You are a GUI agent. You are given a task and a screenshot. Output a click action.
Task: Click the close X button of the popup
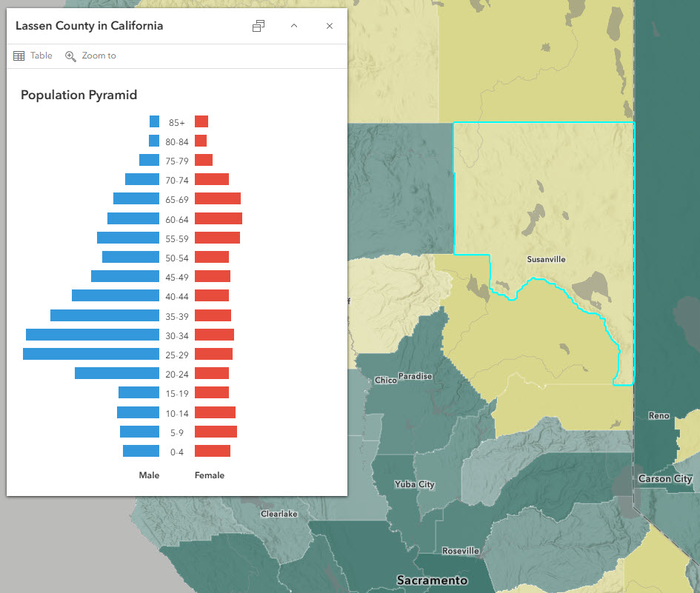click(330, 26)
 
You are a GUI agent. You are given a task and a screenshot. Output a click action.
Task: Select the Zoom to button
click(90, 56)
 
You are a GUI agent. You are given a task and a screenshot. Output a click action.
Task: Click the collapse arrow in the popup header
click(294, 26)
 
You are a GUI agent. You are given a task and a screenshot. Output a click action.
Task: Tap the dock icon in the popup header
click(259, 26)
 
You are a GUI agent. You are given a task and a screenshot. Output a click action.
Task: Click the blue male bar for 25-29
click(91, 354)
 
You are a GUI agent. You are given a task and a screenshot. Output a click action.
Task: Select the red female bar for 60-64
click(219, 218)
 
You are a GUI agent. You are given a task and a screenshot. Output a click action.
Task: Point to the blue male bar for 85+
click(154, 121)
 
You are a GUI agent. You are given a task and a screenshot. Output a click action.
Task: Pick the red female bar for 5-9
click(216, 432)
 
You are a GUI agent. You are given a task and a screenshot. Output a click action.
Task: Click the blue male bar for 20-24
click(117, 373)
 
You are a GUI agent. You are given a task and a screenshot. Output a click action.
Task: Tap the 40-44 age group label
click(176, 296)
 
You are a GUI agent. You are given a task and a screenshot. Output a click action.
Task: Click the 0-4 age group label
click(176, 452)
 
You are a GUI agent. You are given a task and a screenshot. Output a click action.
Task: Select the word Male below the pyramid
click(149, 475)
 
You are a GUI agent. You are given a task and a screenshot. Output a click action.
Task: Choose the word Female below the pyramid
click(210, 475)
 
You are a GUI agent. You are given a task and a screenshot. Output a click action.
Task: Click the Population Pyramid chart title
click(79, 95)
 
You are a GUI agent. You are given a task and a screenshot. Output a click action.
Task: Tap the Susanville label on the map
click(546, 260)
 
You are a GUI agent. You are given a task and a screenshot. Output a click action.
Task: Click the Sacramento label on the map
click(432, 580)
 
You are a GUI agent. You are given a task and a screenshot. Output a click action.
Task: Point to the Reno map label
click(659, 416)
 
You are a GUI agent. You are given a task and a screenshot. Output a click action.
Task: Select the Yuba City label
click(415, 485)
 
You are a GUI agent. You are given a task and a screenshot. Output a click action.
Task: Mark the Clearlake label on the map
click(279, 514)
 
